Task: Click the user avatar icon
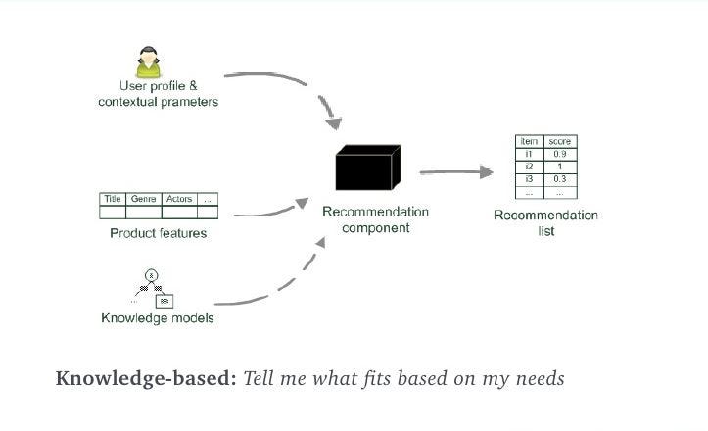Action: (x=149, y=61)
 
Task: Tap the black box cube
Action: (x=367, y=168)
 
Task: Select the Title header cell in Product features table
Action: (x=113, y=199)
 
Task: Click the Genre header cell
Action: (x=143, y=199)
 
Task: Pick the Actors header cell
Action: (x=179, y=199)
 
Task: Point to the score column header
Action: (x=560, y=142)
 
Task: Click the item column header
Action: (x=529, y=142)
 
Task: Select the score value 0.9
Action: (x=560, y=155)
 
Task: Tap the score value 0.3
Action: (x=560, y=179)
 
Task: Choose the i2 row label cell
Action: (x=529, y=167)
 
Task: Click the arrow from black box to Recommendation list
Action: (x=455, y=172)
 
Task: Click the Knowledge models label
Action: (x=158, y=318)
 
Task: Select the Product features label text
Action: (x=158, y=233)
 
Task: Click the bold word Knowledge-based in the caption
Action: (x=146, y=378)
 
